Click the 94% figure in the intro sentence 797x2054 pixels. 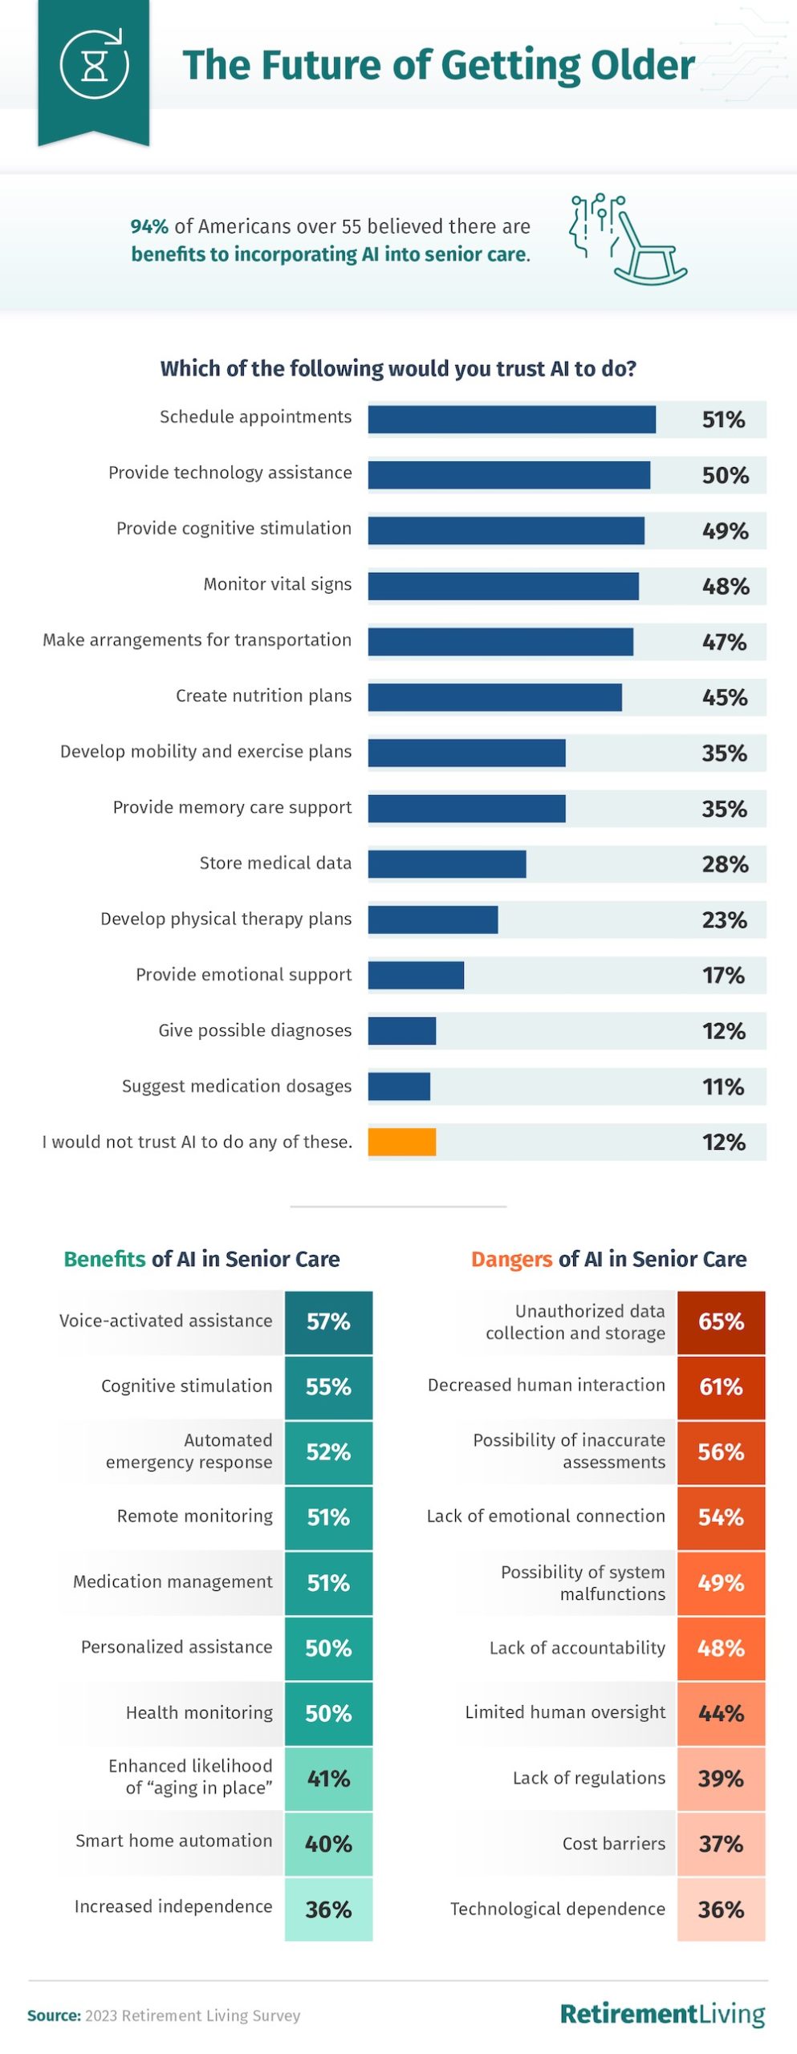click(x=149, y=227)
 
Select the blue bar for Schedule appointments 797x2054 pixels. click(x=511, y=420)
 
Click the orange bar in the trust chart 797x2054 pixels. click(x=401, y=1142)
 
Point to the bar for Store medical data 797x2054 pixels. click(x=446, y=864)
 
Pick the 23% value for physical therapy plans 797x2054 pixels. click(x=724, y=919)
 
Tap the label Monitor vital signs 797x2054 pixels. click(x=277, y=584)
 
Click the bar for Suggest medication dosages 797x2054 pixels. click(x=399, y=1086)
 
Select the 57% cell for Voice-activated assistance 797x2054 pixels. click(x=328, y=1321)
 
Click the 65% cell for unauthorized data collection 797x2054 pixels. click(x=721, y=1321)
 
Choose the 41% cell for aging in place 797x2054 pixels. click(x=328, y=1779)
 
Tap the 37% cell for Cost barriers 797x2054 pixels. click(x=721, y=1844)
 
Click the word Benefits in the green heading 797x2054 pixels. click(x=105, y=1259)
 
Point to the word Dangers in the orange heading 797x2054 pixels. click(x=512, y=1259)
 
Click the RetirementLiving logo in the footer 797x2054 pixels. click(x=662, y=2013)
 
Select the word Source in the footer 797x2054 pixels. click(x=54, y=2015)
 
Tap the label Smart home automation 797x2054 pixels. click(x=174, y=1841)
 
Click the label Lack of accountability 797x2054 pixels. click(x=577, y=1647)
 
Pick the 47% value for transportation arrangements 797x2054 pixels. click(x=724, y=642)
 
